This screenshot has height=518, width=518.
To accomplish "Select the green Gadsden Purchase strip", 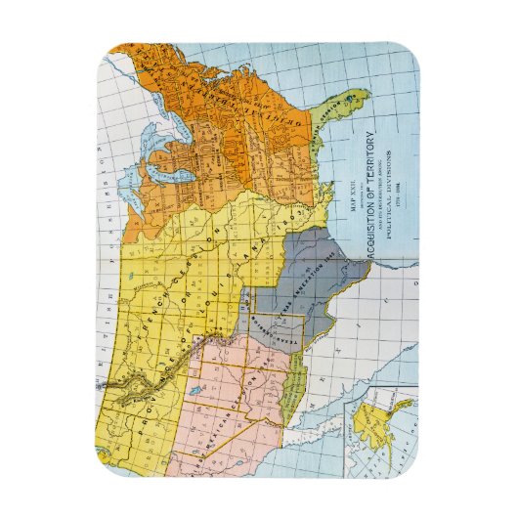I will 287,400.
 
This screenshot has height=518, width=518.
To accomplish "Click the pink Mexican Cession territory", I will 235,391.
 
